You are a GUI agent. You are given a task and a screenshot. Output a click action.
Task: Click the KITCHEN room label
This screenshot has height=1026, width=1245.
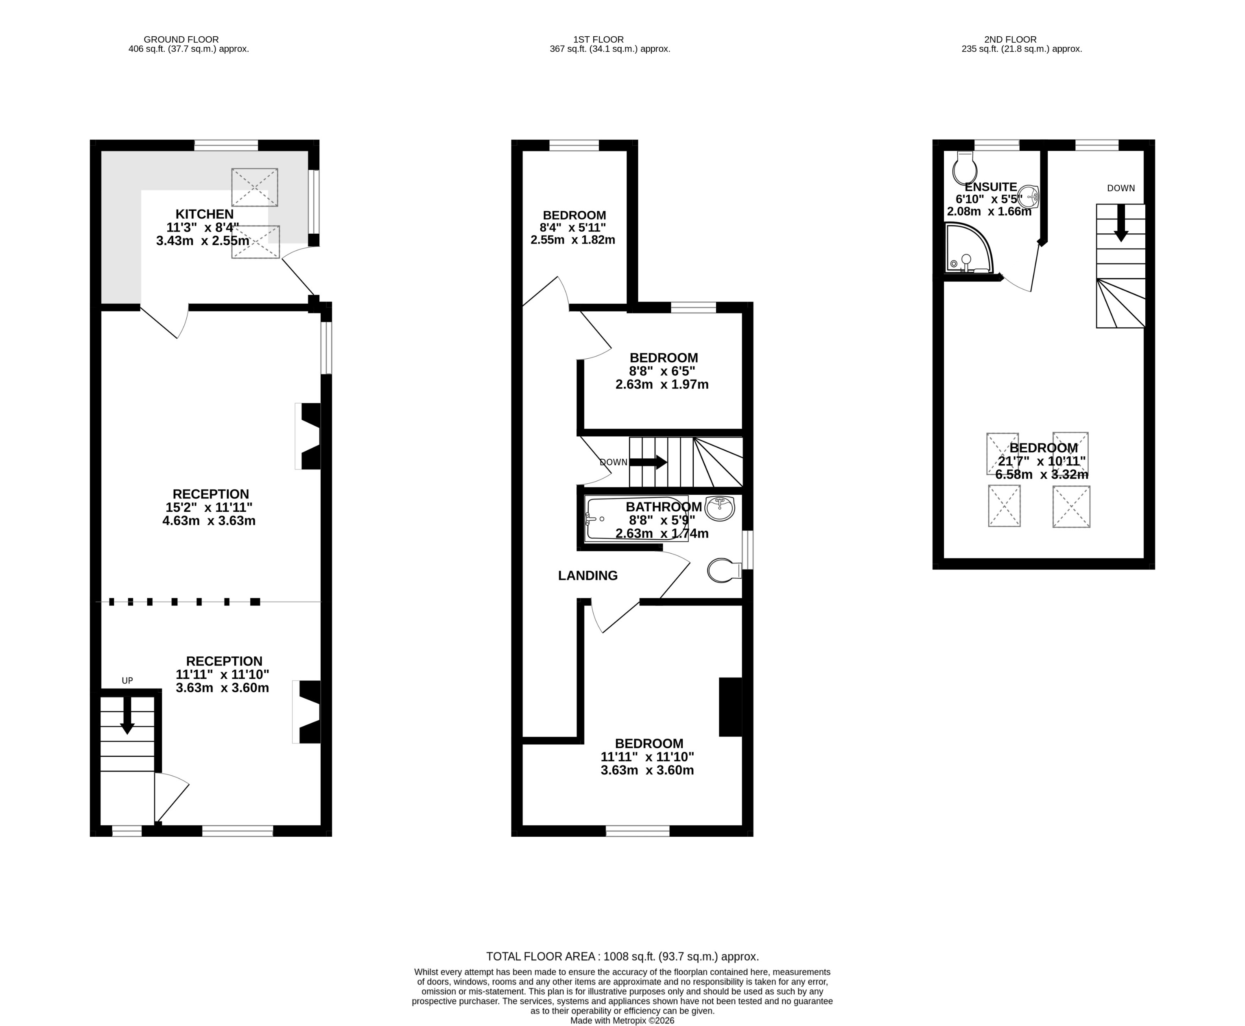204,214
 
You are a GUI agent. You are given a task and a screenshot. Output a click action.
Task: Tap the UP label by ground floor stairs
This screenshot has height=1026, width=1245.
127,680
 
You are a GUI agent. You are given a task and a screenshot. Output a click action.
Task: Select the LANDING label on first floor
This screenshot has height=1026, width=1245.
588,575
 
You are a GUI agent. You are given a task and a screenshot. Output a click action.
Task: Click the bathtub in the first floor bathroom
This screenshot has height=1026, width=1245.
636,518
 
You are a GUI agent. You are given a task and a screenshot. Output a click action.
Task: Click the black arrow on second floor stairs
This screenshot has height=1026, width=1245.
1121,224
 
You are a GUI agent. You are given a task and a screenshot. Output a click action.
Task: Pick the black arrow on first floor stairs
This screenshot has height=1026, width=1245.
649,462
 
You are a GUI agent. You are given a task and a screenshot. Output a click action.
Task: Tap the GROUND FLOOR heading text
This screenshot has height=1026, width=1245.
181,39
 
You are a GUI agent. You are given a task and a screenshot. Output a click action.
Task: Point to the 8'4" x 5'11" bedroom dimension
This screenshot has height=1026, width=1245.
572,228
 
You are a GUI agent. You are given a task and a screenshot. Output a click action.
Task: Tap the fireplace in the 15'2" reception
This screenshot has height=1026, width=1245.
310,436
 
